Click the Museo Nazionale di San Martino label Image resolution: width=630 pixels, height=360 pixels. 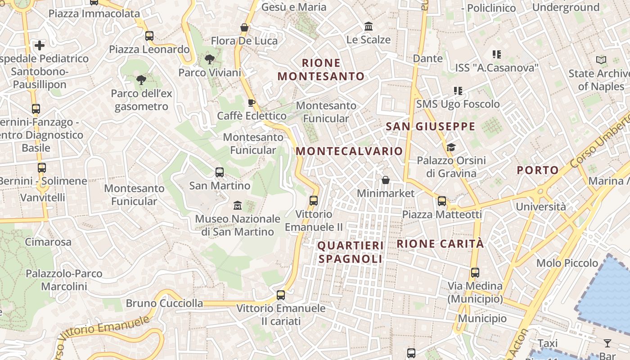click(238, 225)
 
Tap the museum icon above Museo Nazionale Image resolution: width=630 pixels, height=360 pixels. click(238, 206)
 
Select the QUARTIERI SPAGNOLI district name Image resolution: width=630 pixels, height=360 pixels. click(351, 252)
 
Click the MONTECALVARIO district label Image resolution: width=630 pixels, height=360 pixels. click(349, 151)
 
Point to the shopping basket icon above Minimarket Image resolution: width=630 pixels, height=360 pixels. click(386, 180)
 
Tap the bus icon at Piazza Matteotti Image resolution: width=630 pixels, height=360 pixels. click(442, 201)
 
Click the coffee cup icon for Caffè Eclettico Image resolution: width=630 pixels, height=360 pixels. click(252, 103)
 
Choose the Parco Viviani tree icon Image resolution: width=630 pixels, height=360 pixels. click(209, 59)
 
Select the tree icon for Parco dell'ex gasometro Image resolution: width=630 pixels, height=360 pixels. click(141, 81)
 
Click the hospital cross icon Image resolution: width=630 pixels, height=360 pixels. click(40, 45)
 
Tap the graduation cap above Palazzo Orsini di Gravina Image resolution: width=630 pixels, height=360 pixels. click(451, 147)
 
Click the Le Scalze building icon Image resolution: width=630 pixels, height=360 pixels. click(369, 27)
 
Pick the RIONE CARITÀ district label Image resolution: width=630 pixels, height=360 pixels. click(440, 244)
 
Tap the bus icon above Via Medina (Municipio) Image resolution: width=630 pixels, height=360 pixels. click(475, 273)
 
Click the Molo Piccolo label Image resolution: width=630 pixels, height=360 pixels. click(567, 263)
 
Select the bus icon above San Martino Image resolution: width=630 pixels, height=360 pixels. click(220, 172)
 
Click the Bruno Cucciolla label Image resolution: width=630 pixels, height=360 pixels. click(164, 303)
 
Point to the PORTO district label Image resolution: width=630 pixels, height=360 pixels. click(537, 171)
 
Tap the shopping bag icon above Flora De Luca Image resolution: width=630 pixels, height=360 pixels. click(244, 28)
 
